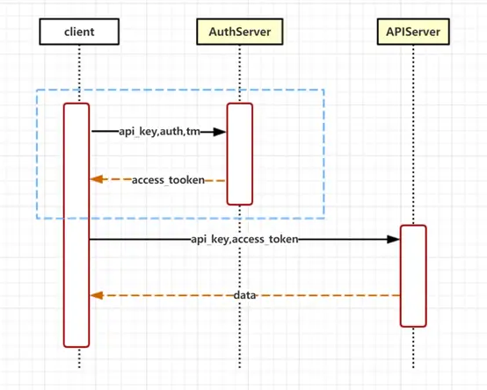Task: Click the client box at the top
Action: (78, 33)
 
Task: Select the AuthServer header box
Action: (240, 33)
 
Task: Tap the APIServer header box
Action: (413, 33)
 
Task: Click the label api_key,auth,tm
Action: (159, 132)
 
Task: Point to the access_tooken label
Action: (168, 180)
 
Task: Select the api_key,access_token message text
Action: (243, 238)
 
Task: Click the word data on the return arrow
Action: (245, 296)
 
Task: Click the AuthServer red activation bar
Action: (240, 154)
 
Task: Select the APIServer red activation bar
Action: (413, 276)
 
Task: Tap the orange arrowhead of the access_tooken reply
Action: (98, 180)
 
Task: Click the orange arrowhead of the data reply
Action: (98, 296)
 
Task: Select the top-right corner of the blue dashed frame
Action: (324, 90)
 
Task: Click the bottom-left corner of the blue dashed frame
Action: (36, 218)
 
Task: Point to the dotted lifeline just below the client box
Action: (78, 70)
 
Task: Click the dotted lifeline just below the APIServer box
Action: (413, 132)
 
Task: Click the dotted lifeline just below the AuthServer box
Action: (240, 70)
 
